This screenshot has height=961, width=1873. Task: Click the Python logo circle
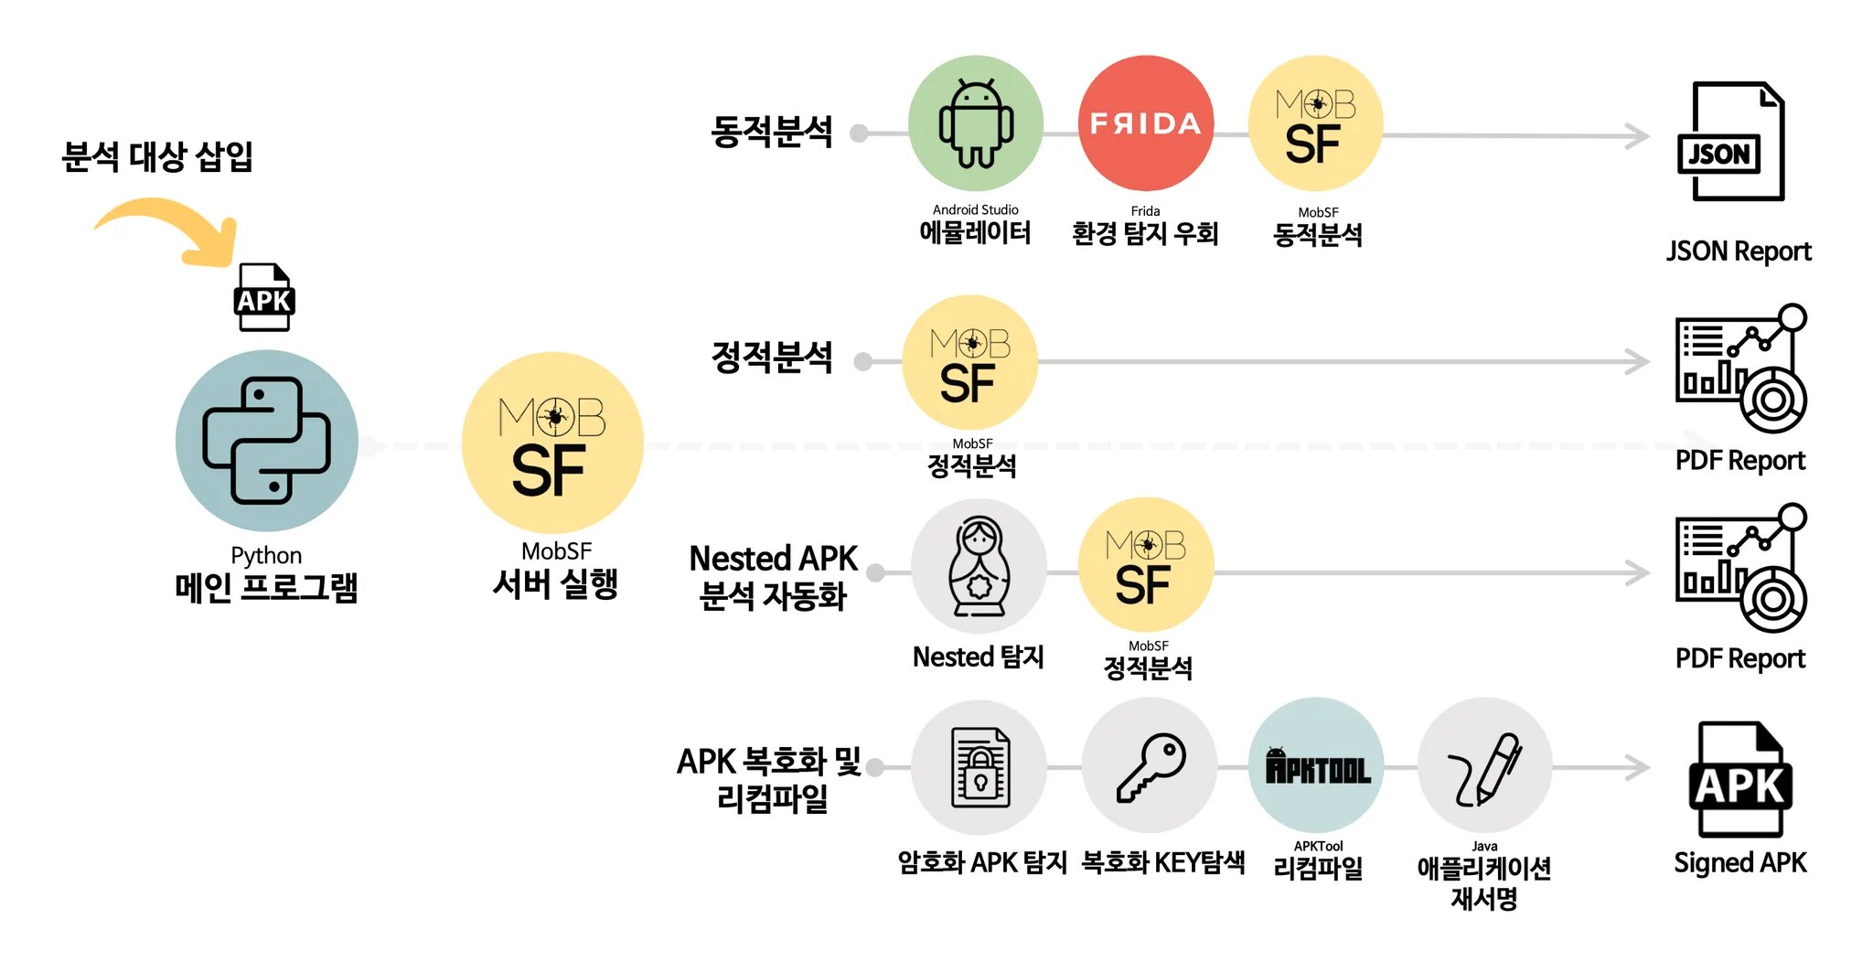[266, 441]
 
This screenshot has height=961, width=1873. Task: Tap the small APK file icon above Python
[264, 297]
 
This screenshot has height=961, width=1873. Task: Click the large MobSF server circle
[552, 443]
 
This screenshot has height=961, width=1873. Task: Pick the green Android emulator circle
[976, 123]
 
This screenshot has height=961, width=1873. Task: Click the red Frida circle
[1146, 123]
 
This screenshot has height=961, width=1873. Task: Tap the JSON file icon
[1729, 142]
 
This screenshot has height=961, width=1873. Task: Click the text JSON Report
[1738, 251]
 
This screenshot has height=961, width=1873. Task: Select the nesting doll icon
[979, 567]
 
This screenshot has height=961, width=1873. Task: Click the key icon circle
[1150, 766]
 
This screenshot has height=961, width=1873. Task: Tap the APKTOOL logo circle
[1317, 766]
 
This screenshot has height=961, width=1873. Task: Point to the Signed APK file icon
[1739, 779]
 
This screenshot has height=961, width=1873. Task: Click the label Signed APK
[1739, 862]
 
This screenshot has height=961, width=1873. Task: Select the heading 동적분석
[772, 132]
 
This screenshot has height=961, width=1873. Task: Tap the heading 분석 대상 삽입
[157, 156]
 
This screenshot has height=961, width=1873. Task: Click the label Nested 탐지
[978, 657]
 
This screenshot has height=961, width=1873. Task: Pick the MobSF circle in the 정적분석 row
[969, 362]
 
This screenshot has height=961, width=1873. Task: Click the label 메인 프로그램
[266, 587]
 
